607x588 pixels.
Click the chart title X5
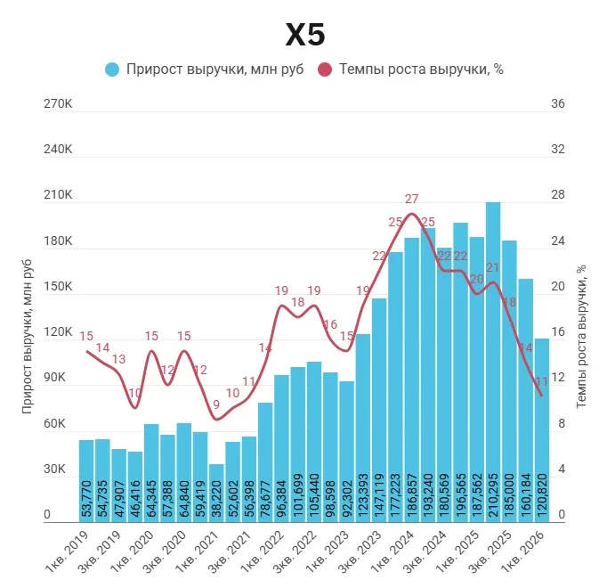pyautogui.click(x=304, y=35)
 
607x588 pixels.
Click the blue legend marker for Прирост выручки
pyautogui.click(x=112, y=69)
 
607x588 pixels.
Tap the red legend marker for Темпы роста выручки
pyautogui.click(x=325, y=69)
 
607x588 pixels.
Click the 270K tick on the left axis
pyautogui.click(x=58, y=104)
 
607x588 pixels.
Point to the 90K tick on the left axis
pyautogui.click(x=58, y=378)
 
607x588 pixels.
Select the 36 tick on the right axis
pyautogui.click(x=558, y=104)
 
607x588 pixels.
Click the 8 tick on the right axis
pyautogui.click(x=558, y=423)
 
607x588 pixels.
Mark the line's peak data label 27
pyautogui.click(x=411, y=199)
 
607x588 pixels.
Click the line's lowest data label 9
pyautogui.click(x=216, y=404)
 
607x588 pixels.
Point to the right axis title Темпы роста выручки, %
pyautogui.click(x=581, y=334)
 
